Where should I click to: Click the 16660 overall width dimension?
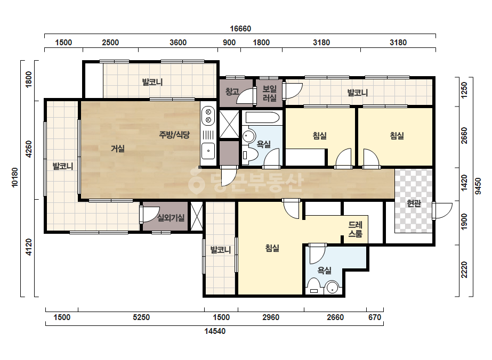click(x=240, y=29)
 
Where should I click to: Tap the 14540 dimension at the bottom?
click(x=215, y=331)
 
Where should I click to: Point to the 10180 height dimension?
click(x=15, y=177)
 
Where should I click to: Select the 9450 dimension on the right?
click(x=478, y=186)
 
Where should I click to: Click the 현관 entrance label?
click(x=414, y=203)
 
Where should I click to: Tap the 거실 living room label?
click(x=118, y=149)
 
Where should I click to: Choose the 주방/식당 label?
click(x=174, y=135)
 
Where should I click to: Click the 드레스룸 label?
click(x=356, y=229)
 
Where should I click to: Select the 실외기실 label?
click(x=171, y=218)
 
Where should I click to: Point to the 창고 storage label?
click(x=232, y=92)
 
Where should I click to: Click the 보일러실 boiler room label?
click(x=270, y=93)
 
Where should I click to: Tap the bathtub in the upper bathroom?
click(x=262, y=118)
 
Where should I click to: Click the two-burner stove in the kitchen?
click(x=208, y=116)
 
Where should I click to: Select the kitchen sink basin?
click(x=208, y=151)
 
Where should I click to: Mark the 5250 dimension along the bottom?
click(x=141, y=317)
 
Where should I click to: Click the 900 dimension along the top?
click(x=229, y=43)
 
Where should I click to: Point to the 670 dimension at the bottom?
click(x=375, y=317)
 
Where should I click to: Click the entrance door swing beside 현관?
click(x=442, y=211)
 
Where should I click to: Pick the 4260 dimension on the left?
click(x=29, y=149)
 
